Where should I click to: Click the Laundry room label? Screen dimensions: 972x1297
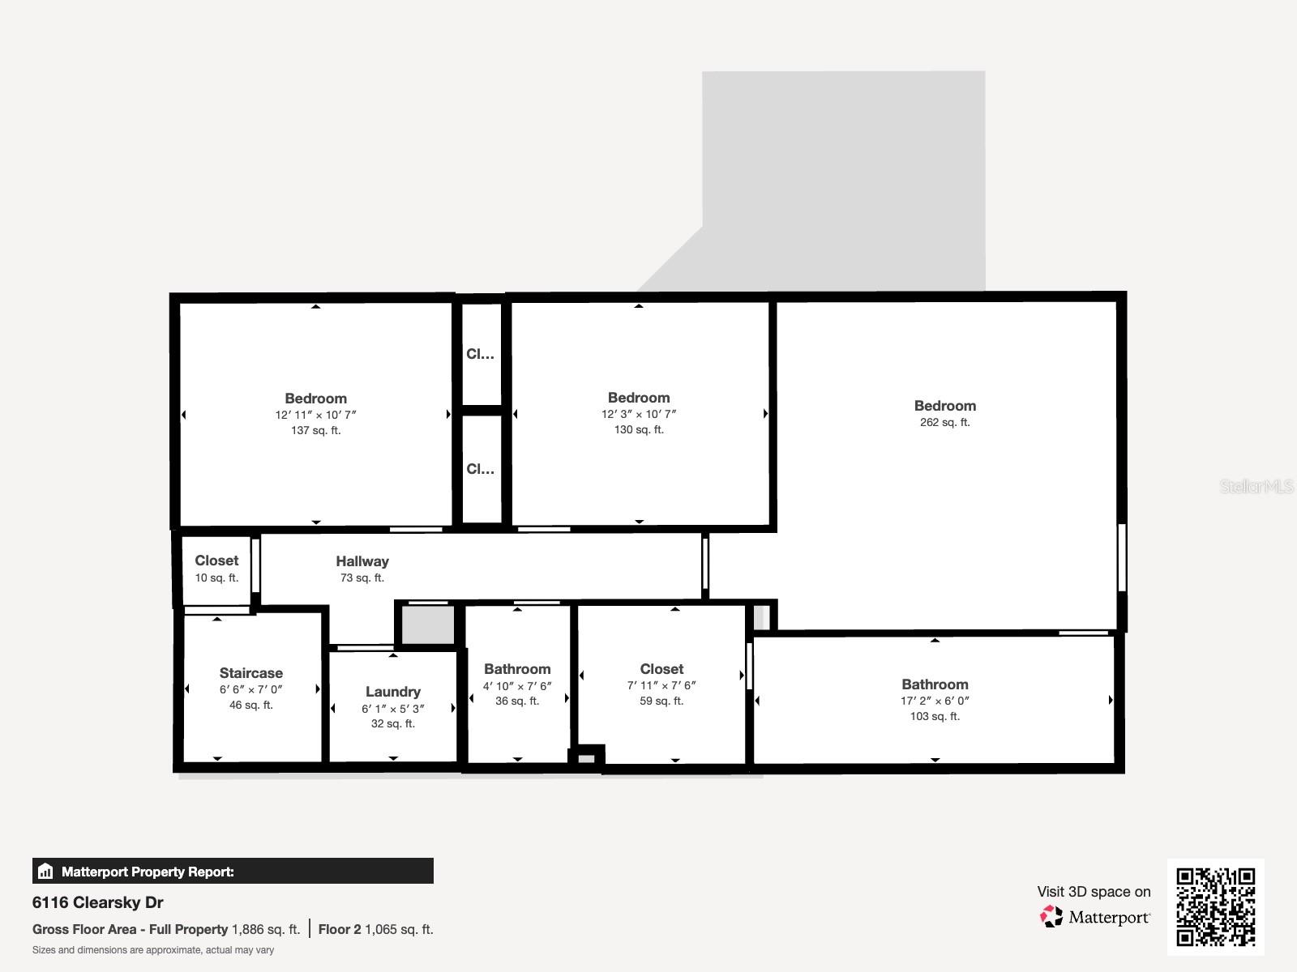392,692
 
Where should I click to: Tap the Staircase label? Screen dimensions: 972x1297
251,673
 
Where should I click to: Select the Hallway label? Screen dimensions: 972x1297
362,561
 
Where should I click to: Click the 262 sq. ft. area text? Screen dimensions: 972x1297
944,422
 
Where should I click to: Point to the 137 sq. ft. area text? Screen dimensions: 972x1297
315,430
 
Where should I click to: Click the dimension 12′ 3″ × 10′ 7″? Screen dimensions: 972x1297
639,414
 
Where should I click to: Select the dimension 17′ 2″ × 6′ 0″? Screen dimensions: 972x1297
935,701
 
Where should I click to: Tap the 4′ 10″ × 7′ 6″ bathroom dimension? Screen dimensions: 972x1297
517,685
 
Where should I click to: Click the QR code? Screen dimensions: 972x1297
1215,906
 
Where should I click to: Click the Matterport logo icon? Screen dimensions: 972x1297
1051,917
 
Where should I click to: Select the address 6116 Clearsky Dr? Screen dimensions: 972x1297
98,902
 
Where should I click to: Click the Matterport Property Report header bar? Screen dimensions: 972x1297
233,872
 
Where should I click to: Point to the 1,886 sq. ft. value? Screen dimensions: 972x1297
266,929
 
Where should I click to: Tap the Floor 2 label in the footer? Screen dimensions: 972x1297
340,929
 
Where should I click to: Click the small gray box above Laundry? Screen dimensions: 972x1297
428,625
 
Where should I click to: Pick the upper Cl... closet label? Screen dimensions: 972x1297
480,354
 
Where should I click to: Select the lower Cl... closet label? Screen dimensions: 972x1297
480,469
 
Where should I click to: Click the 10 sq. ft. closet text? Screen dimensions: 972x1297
216,578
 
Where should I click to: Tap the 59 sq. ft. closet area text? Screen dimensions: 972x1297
661,701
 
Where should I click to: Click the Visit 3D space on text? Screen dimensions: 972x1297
1094,892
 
